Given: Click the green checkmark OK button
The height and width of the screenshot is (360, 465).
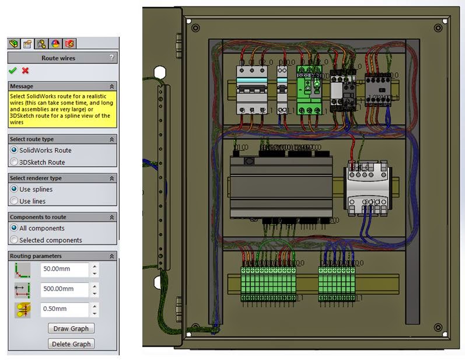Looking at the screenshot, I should coord(13,71).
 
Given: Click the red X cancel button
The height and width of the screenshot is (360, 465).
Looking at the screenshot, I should coord(25,71).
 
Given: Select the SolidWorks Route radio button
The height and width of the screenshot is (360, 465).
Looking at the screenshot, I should coord(15,151).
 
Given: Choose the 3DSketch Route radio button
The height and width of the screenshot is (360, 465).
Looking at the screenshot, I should coord(15,162).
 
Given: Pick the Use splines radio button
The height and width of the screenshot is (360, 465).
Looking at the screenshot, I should coord(15,190).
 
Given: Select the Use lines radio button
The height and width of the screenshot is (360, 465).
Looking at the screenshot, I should coord(15,201).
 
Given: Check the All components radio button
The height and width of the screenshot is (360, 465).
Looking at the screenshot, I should coord(15,228).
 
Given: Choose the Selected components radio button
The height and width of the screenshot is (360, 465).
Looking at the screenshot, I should coord(15,240).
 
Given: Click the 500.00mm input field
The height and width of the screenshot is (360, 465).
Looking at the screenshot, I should coord(64,289).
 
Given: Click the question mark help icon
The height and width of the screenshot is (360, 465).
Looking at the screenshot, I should coord(111,58).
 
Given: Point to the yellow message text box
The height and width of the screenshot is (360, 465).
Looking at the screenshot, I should coord(62,109).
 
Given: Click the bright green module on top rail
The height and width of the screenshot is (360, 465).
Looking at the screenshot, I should coord(309,93).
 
